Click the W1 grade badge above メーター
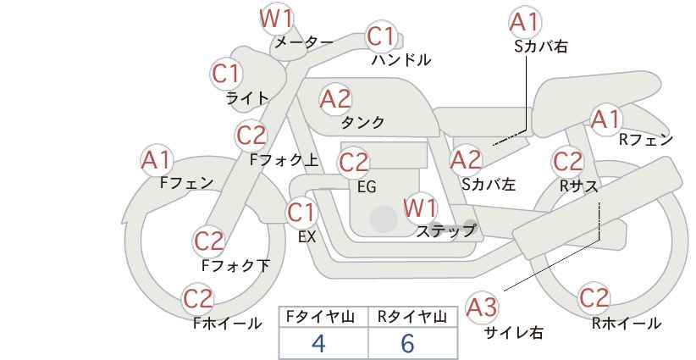click(276, 19)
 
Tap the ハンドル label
click(401, 60)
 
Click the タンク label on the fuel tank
click(362, 122)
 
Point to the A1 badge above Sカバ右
click(526, 21)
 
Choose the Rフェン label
click(646, 140)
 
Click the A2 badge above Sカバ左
click(466, 160)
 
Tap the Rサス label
click(578, 186)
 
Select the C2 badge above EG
click(354, 163)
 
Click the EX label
click(307, 237)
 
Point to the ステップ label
click(445, 231)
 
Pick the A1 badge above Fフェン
click(157, 160)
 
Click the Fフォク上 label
click(284, 160)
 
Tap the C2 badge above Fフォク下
click(209, 241)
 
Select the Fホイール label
click(227, 324)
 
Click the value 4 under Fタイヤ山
click(318, 343)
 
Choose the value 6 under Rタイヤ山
click(407, 343)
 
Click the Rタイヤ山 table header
click(412, 317)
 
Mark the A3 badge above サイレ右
click(482, 307)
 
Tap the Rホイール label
click(627, 324)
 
